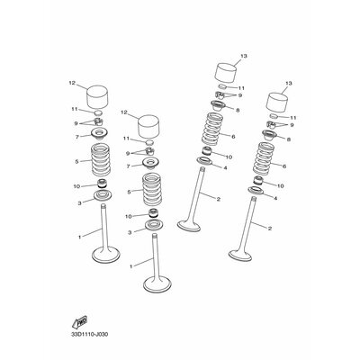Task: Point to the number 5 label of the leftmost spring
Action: point(79,163)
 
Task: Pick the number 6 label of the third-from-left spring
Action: point(232,136)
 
